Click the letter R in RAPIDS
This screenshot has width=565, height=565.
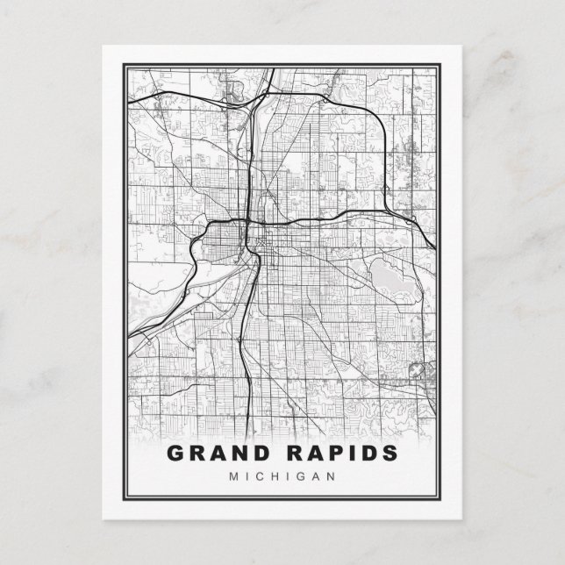click(x=293, y=454)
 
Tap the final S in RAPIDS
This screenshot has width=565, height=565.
click(x=388, y=454)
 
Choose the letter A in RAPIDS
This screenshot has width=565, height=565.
click(x=313, y=454)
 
